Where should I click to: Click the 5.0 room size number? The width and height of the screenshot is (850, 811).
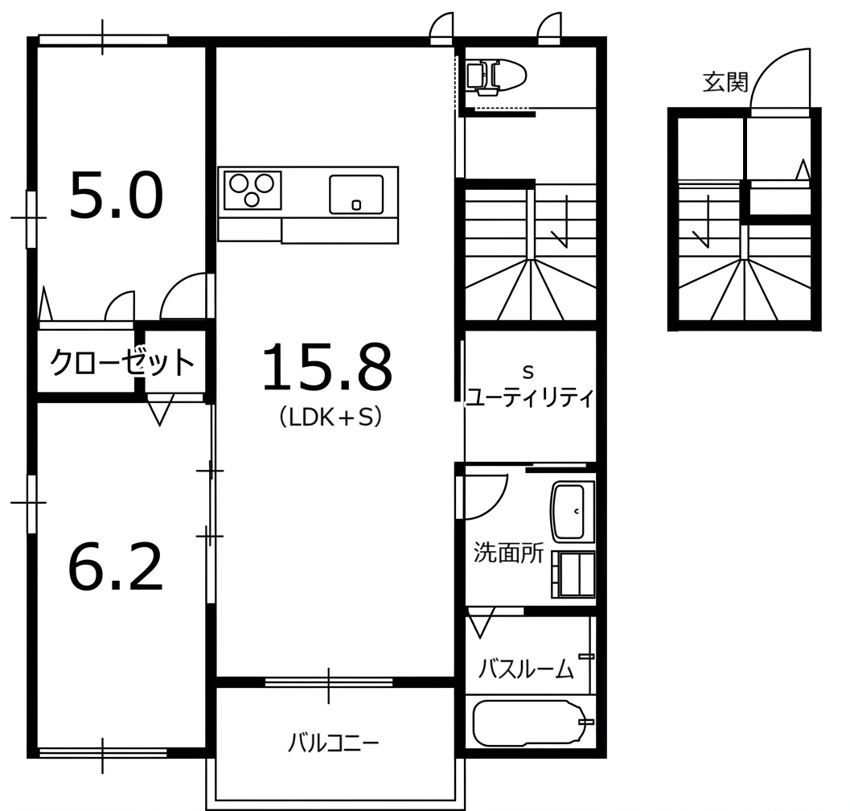116,196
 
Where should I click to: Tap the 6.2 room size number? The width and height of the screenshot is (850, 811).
116,567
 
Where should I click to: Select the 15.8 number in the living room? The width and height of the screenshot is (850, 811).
327,367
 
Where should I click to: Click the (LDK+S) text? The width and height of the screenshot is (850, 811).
331,417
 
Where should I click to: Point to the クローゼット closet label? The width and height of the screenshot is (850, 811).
122,362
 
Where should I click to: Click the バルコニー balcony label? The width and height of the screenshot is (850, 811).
334,743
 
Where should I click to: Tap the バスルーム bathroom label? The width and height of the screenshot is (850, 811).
525,669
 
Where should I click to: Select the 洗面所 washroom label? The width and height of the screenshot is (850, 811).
508,553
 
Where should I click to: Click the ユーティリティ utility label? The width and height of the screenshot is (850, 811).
530,397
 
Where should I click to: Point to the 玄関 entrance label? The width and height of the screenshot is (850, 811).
725,82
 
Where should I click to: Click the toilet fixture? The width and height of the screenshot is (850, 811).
496,74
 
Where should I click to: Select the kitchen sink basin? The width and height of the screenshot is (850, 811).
356,194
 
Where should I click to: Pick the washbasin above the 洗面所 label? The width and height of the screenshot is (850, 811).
569,512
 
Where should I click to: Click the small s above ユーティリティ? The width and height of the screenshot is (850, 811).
528,373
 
